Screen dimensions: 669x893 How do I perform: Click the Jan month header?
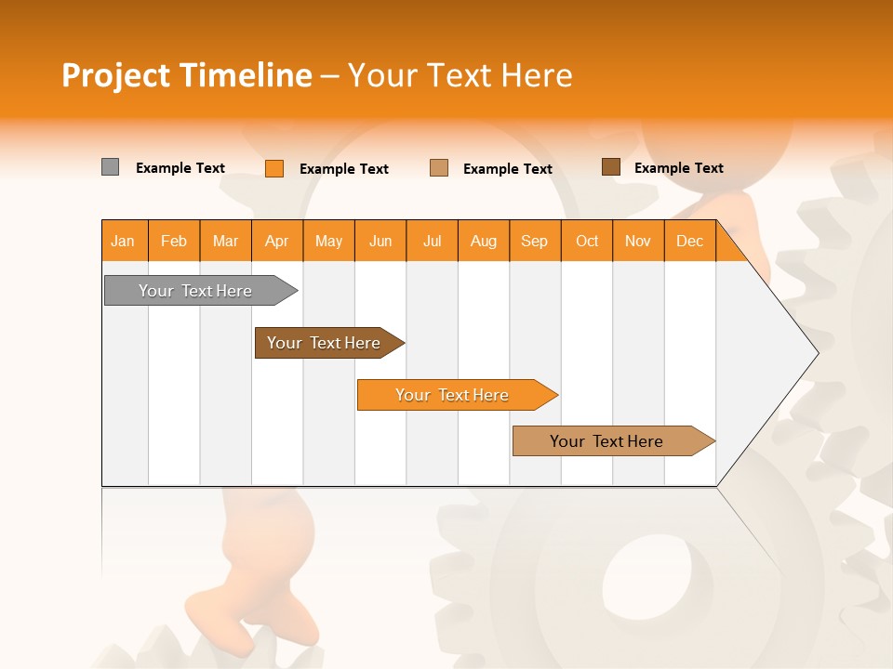coord(124,241)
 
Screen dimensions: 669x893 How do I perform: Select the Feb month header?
coord(174,241)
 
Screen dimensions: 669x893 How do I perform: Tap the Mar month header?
coord(225,241)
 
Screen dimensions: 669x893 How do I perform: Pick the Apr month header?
coord(277,241)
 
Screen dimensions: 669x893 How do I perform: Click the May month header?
coord(328,241)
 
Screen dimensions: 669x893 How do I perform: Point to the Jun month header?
coord(380,241)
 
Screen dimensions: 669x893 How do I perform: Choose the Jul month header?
coord(432,241)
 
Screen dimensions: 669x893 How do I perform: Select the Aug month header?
coord(484,241)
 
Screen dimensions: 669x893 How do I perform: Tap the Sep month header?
coord(535,241)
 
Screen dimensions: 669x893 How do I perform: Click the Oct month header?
coord(587,241)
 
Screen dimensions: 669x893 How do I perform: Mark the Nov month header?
coord(638,241)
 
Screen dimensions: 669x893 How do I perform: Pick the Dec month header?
coord(689,241)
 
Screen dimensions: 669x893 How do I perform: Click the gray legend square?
coord(110,167)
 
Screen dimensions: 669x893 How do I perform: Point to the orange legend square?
coord(273,168)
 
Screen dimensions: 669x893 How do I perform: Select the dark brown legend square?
coord(610,167)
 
